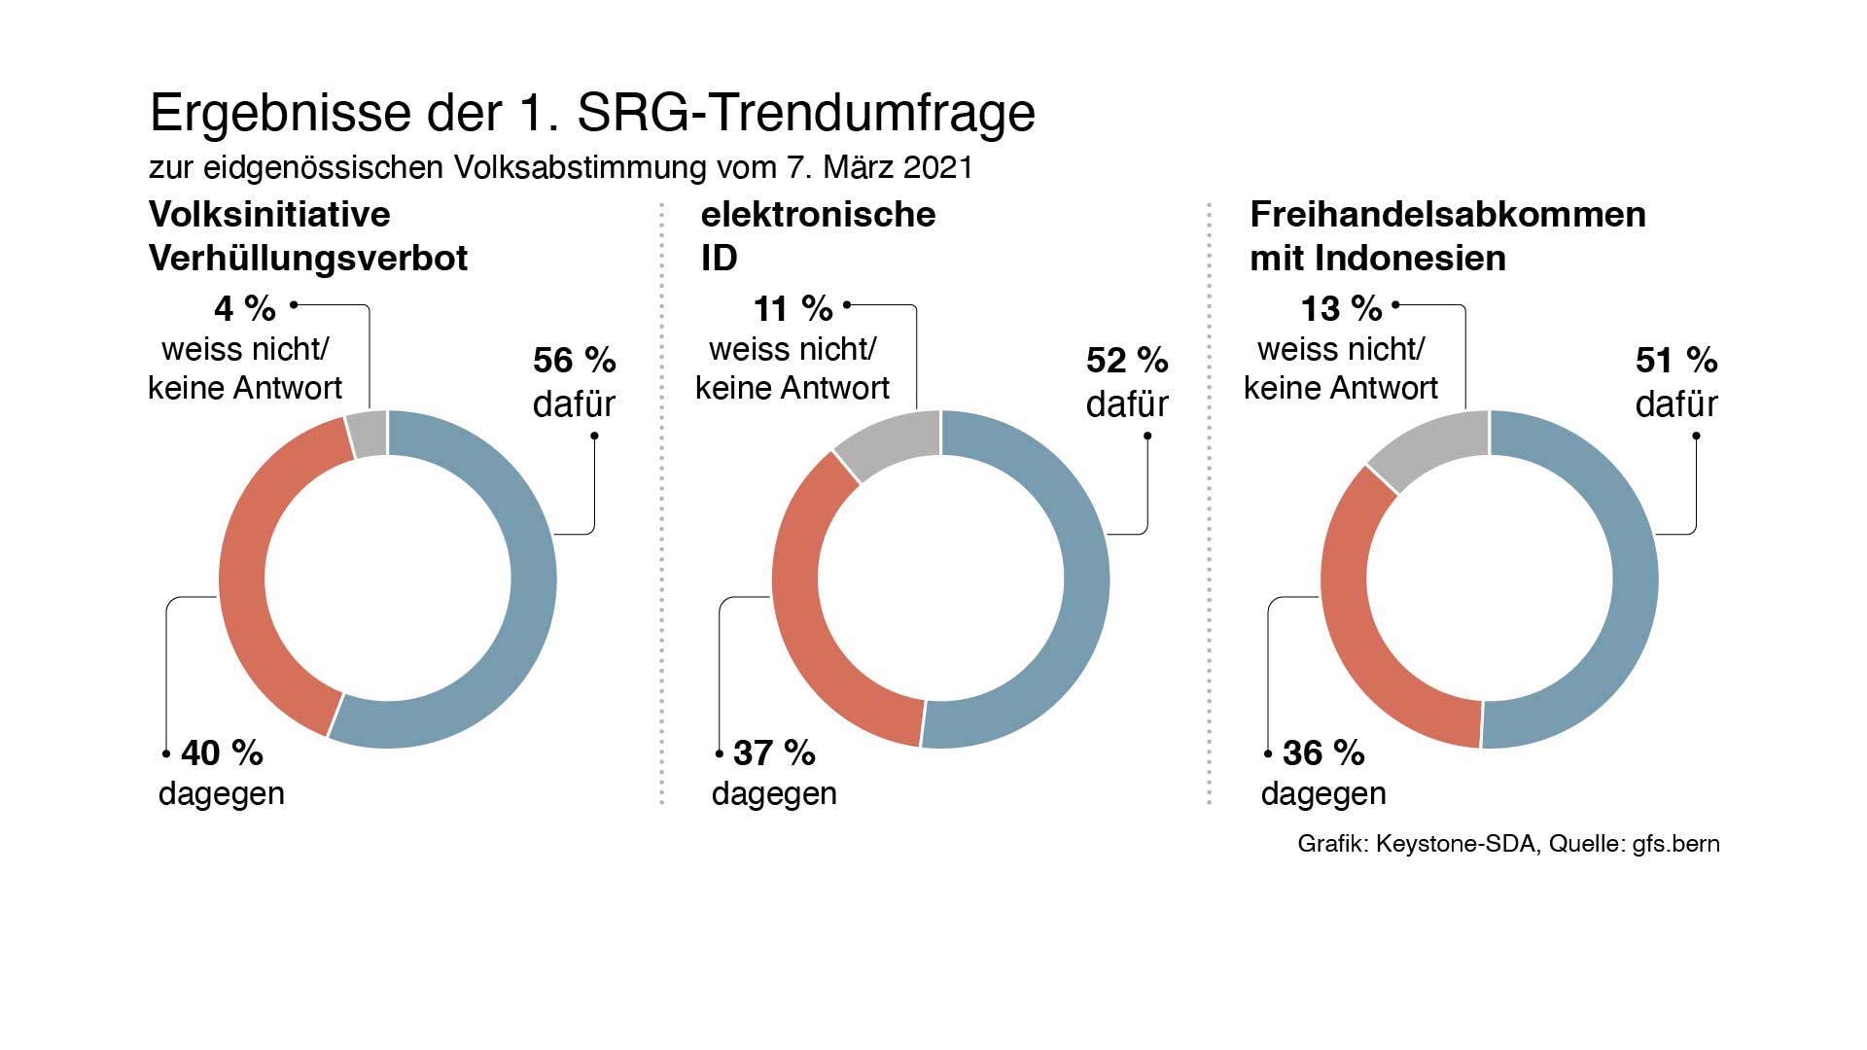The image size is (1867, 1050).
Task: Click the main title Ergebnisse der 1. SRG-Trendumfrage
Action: pyautogui.click(x=592, y=113)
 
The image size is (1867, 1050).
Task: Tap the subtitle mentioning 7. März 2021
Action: pyautogui.click(x=561, y=167)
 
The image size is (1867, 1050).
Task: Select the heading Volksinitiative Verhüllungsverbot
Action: pyautogui.click(x=308, y=236)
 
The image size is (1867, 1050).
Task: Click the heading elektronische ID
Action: pyautogui.click(x=818, y=236)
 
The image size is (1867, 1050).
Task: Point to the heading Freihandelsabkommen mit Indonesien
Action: pyautogui.click(x=1447, y=236)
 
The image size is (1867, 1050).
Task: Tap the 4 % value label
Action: pyautogui.click(x=245, y=309)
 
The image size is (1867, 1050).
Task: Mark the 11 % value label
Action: pyautogui.click(x=793, y=309)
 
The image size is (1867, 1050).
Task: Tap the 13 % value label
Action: pyautogui.click(x=1341, y=309)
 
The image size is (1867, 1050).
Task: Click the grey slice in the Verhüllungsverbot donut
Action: pyautogui.click(x=369, y=435)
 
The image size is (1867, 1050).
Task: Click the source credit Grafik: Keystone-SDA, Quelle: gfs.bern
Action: pyautogui.click(x=1508, y=844)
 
